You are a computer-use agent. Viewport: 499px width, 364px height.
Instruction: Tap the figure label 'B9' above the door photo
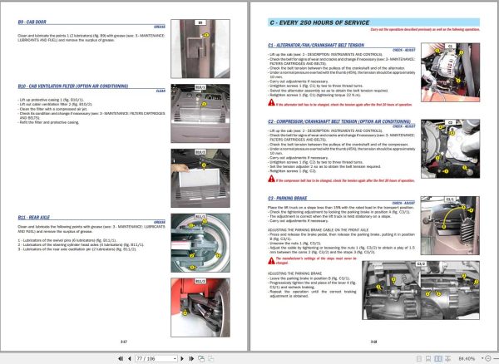199,22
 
